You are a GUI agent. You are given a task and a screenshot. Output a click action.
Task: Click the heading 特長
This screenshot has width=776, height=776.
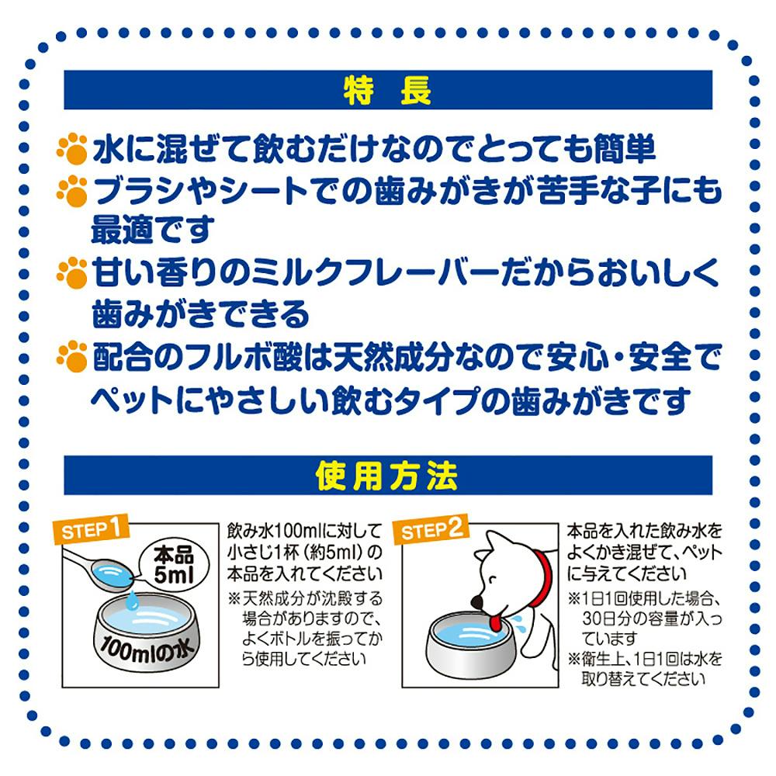[x=387, y=91]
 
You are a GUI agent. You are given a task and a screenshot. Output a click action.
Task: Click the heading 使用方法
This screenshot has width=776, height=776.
[x=386, y=476]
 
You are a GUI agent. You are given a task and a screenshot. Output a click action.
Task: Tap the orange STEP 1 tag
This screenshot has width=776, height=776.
[x=91, y=529]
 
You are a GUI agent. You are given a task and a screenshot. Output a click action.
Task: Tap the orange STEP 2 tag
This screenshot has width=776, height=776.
[x=431, y=529]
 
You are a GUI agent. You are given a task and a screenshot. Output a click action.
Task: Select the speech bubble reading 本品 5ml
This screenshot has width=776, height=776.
[x=173, y=565]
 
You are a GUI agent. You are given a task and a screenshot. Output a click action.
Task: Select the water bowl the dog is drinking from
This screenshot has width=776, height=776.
[x=470, y=643]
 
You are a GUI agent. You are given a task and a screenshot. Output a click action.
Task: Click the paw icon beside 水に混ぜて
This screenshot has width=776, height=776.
[x=71, y=148]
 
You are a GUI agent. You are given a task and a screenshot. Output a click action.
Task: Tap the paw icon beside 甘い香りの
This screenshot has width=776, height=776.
[x=71, y=272]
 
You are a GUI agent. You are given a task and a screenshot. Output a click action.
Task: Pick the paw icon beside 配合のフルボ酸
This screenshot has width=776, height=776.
[x=71, y=356]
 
